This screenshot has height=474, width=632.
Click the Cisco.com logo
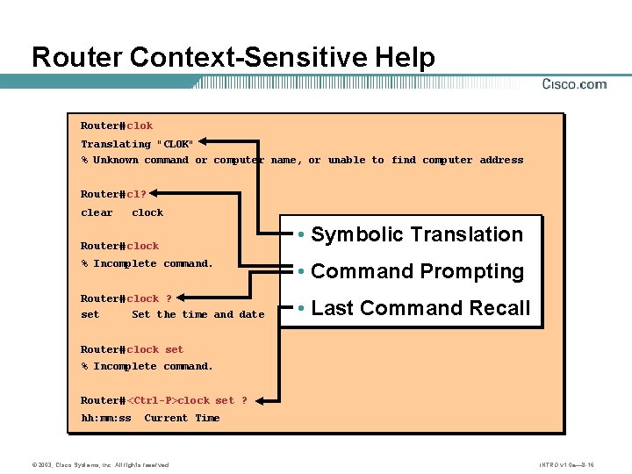pyautogui.click(x=574, y=84)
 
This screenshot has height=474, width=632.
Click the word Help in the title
pyautogui.click(x=405, y=58)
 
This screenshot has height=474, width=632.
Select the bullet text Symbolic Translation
pyautogui.click(x=417, y=234)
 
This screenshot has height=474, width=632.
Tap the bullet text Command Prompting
pyautogui.click(x=417, y=271)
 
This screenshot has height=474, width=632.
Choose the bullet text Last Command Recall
pyautogui.click(x=420, y=308)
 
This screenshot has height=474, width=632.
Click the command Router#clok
pyautogui.click(x=117, y=126)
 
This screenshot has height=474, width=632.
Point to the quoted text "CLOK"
pyautogui.click(x=175, y=144)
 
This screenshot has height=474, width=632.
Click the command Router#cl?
pyautogui.click(x=113, y=194)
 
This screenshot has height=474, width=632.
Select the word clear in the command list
pyautogui.click(x=97, y=212)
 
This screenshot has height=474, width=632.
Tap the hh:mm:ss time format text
pyautogui.click(x=106, y=418)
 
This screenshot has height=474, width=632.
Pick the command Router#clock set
pyautogui.click(x=133, y=349)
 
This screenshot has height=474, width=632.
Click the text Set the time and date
pyautogui.click(x=197, y=314)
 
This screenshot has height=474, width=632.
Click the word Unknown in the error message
pyautogui.click(x=116, y=161)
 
